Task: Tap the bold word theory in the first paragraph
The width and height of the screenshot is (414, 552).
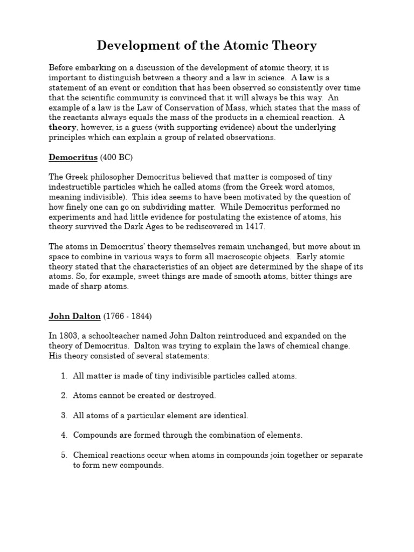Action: point(63,127)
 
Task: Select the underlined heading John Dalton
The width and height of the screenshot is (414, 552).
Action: point(74,316)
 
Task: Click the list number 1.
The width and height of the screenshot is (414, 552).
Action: point(64,376)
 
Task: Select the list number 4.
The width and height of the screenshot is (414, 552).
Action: point(64,435)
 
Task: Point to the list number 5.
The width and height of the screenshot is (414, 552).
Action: point(64,455)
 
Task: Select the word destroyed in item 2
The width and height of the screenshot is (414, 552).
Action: point(196,396)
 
